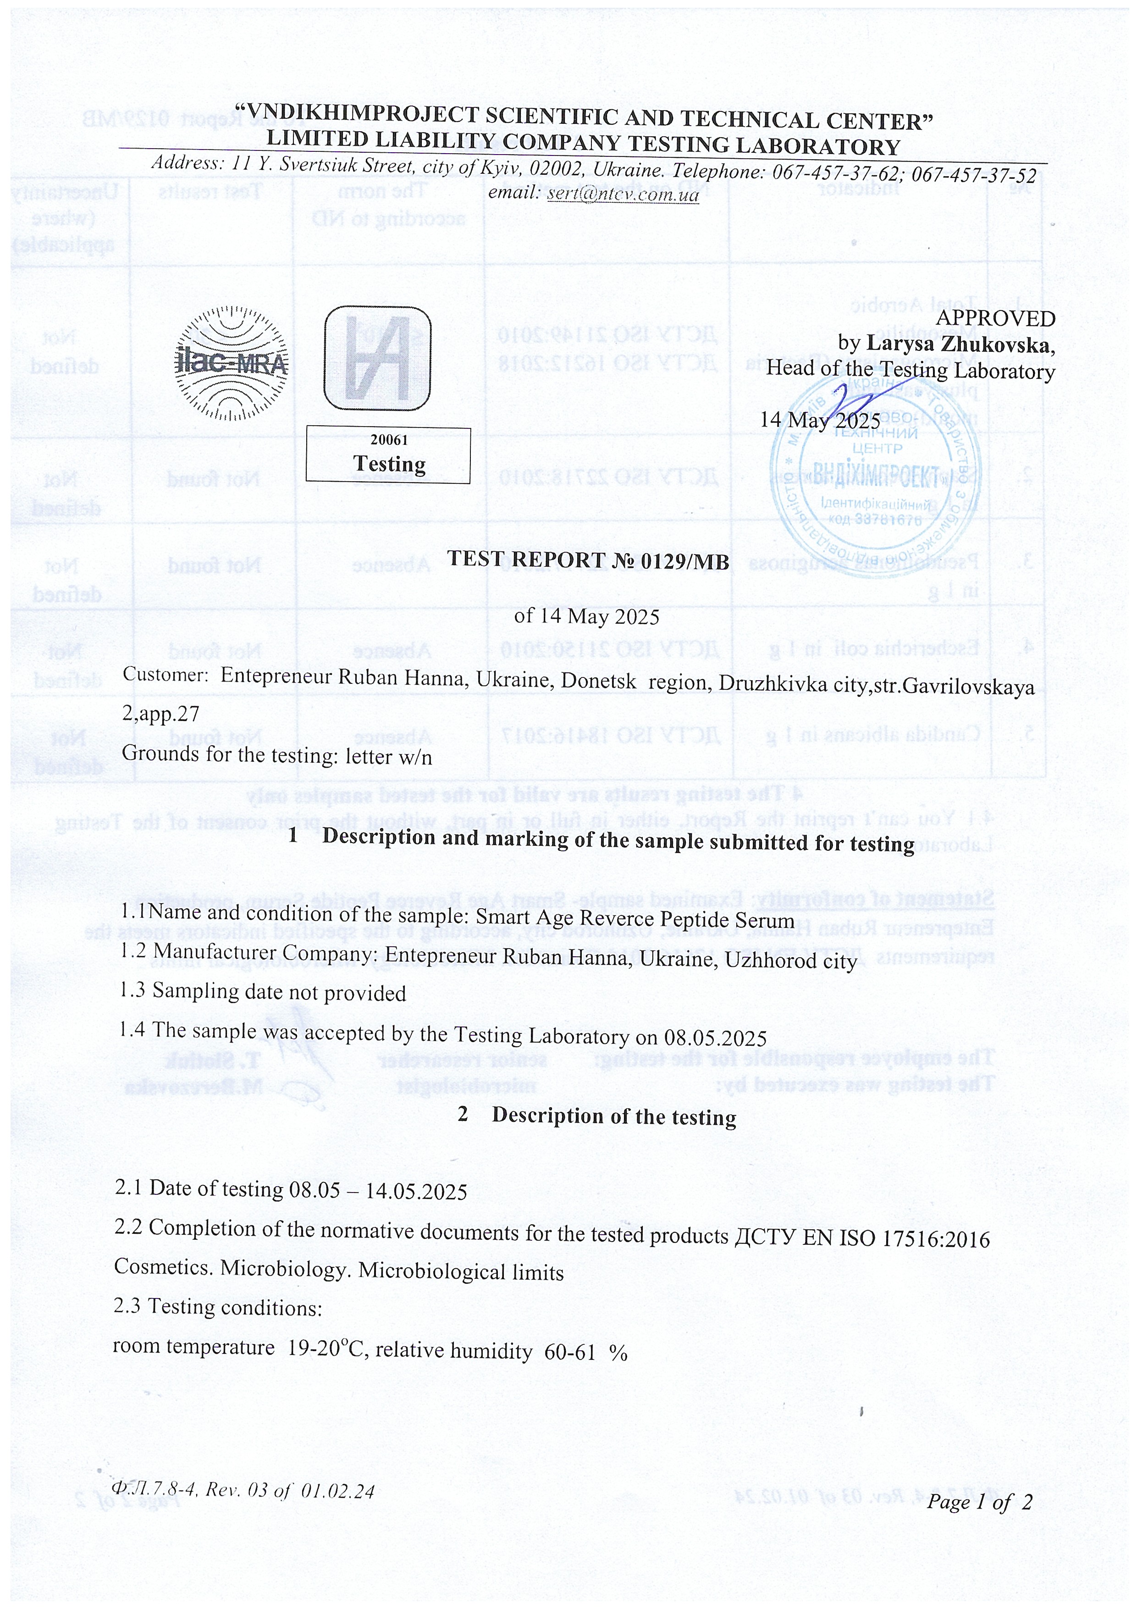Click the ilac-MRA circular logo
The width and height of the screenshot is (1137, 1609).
point(231,362)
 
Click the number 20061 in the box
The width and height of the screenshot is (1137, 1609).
point(389,440)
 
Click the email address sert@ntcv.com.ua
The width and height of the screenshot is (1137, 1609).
point(623,194)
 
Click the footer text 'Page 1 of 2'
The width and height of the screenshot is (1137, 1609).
point(979,1501)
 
